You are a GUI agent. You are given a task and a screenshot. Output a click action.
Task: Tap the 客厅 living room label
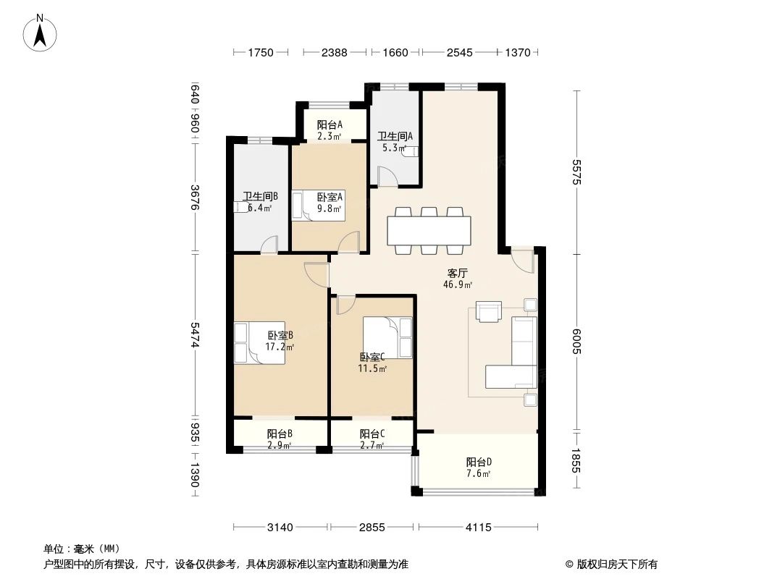(457, 279)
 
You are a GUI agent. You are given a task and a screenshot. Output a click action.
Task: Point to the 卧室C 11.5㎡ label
(372, 363)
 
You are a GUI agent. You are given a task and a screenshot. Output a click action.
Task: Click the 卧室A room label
(330, 202)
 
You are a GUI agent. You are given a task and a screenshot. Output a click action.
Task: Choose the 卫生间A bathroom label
(395, 142)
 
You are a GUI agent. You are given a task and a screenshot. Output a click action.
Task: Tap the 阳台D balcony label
(478, 468)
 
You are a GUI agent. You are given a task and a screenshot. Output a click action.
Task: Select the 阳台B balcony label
(279, 439)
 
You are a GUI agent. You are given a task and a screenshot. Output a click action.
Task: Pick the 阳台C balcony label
(372, 439)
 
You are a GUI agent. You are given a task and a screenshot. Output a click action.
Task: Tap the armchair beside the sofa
(489, 310)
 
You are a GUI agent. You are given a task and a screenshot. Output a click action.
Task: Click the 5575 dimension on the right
(577, 172)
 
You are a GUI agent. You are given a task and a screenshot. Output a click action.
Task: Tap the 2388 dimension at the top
(334, 52)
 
